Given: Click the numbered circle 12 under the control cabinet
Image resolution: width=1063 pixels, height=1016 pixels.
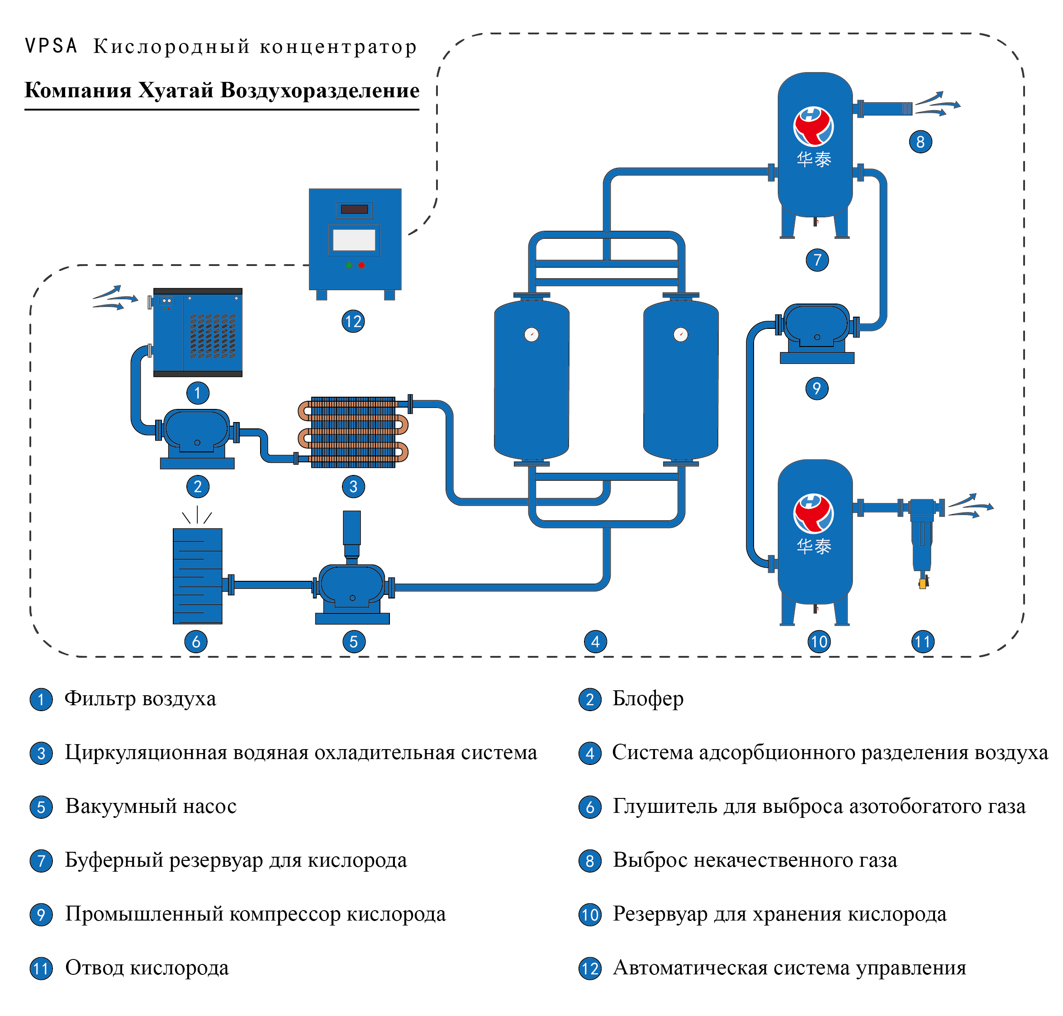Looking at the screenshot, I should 353,322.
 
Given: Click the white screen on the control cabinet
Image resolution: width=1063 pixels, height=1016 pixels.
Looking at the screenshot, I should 354,240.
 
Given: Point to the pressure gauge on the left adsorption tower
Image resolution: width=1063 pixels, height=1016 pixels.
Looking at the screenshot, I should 532,335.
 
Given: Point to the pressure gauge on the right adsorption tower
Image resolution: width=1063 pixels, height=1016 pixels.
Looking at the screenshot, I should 681,335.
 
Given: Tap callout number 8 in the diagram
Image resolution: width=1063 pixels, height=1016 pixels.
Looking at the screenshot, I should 921,142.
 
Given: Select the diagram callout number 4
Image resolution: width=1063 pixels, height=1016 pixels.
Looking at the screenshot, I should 596,642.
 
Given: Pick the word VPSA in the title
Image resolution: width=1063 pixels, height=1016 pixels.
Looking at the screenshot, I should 52,46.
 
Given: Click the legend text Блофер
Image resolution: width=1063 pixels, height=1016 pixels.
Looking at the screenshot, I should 648,698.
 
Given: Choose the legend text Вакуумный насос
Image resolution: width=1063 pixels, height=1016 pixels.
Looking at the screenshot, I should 151,807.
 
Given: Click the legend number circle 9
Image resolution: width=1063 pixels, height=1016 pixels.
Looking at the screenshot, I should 41,915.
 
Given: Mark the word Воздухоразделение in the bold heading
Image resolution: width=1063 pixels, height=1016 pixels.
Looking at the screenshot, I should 319,90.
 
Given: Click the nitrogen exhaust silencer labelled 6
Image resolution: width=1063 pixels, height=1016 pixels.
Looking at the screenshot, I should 198,576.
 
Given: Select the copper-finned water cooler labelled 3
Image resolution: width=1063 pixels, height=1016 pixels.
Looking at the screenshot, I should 353,432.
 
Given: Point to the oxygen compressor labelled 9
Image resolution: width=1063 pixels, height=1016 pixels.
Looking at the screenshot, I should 817,332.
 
